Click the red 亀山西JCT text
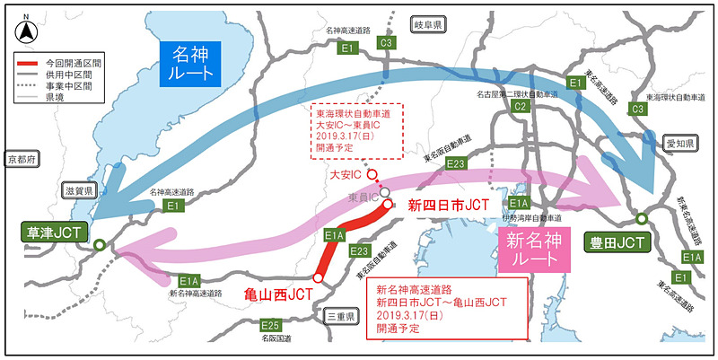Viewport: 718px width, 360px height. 280,294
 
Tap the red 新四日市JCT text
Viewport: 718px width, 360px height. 449,206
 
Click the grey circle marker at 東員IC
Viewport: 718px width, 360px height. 384,191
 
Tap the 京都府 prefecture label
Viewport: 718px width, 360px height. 19,159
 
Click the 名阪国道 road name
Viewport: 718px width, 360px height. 269,341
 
